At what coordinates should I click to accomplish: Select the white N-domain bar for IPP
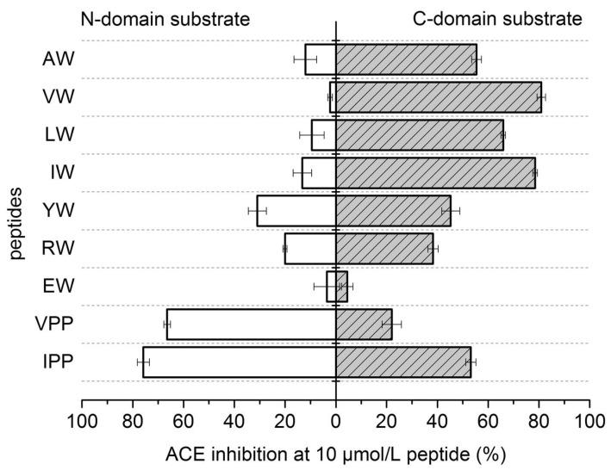pyautogui.click(x=239, y=362)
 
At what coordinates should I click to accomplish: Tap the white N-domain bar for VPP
pyautogui.click(x=251, y=325)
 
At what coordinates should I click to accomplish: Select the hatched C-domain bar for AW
pyautogui.click(x=406, y=59)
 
